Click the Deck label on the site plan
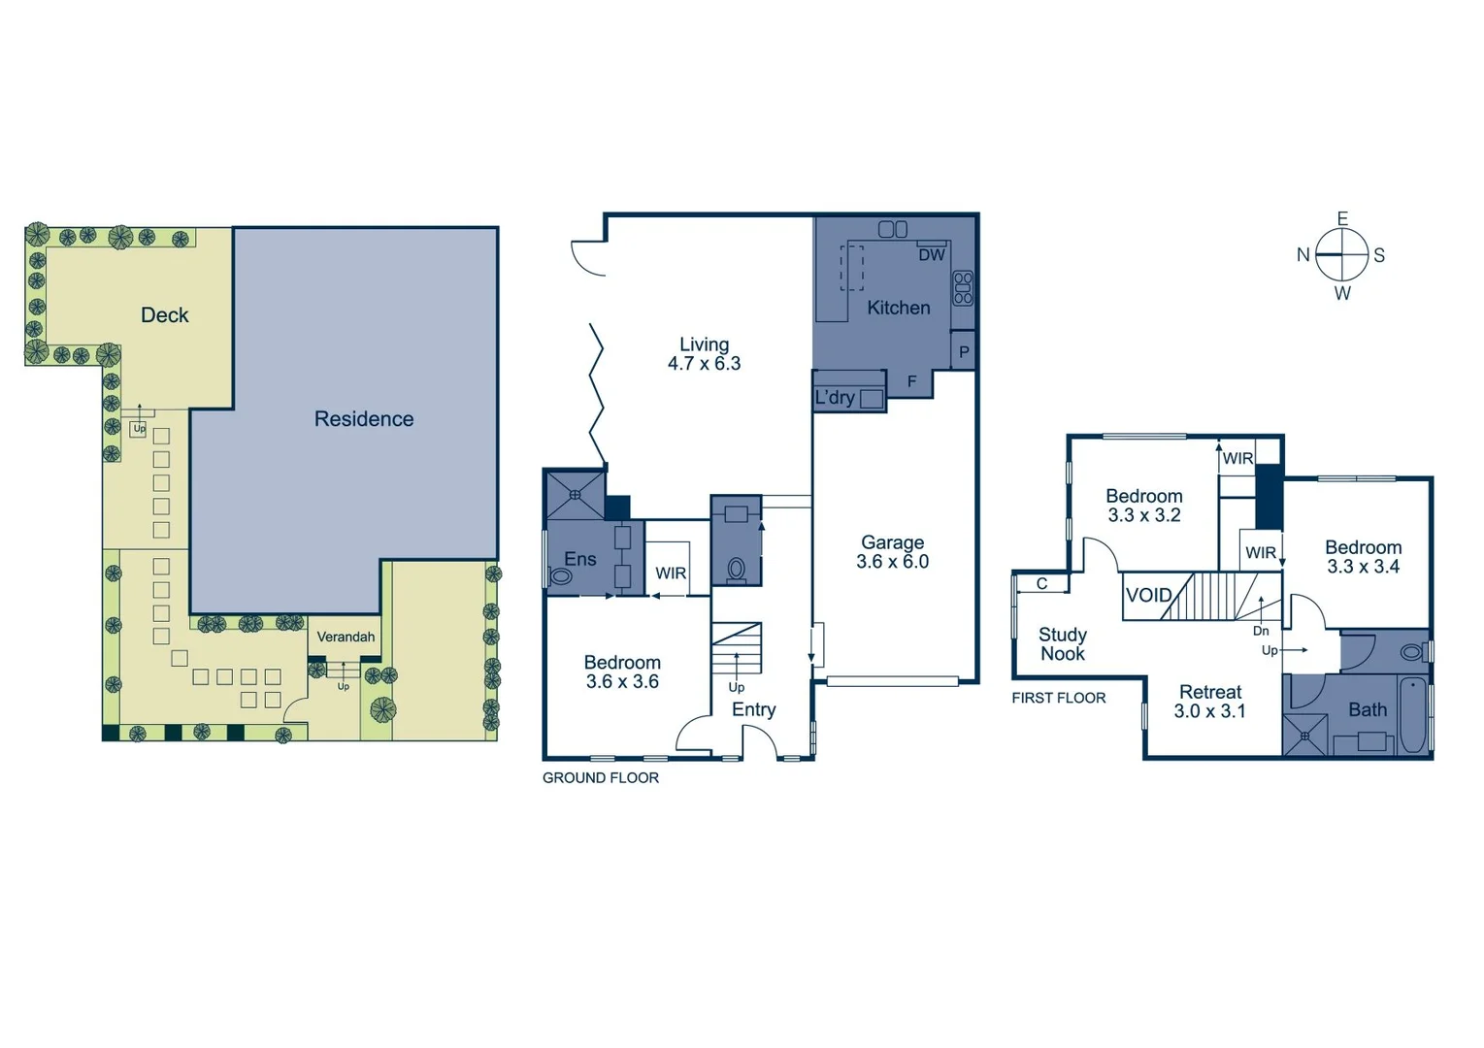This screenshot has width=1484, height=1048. [x=164, y=315]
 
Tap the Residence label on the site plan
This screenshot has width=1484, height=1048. [x=364, y=419]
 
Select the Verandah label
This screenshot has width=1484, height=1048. [x=346, y=638]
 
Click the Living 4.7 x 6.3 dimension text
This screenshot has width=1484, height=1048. [x=704, y=364]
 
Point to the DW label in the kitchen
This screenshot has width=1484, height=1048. [x=931, y=255]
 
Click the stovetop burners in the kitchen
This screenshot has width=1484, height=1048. [x=963, y=287]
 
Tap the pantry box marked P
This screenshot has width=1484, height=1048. [x=964, y=352]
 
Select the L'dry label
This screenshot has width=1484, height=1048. [x=835, y=398]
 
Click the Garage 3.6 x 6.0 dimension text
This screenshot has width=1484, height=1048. [x=892, y=562]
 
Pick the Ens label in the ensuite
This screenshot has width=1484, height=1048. [x=580, y=559]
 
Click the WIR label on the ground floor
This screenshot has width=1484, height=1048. [x=671, y=573]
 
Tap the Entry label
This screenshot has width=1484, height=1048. [x=753, y=710]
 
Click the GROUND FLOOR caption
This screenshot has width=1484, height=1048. [x=600, y=778]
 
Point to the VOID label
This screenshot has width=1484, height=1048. [x=1149, y=595]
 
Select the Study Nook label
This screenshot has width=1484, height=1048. [x=1062, y=644]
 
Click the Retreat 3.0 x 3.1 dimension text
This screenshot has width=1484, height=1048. [x=1209, y=711]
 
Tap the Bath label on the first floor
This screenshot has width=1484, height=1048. [x=1368, y=710]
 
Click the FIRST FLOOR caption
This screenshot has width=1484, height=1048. [x=1058, y=698]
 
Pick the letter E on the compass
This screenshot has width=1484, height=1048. [x=1342, y=219]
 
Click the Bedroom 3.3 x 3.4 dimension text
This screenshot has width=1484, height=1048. [x=1363, y=567]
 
